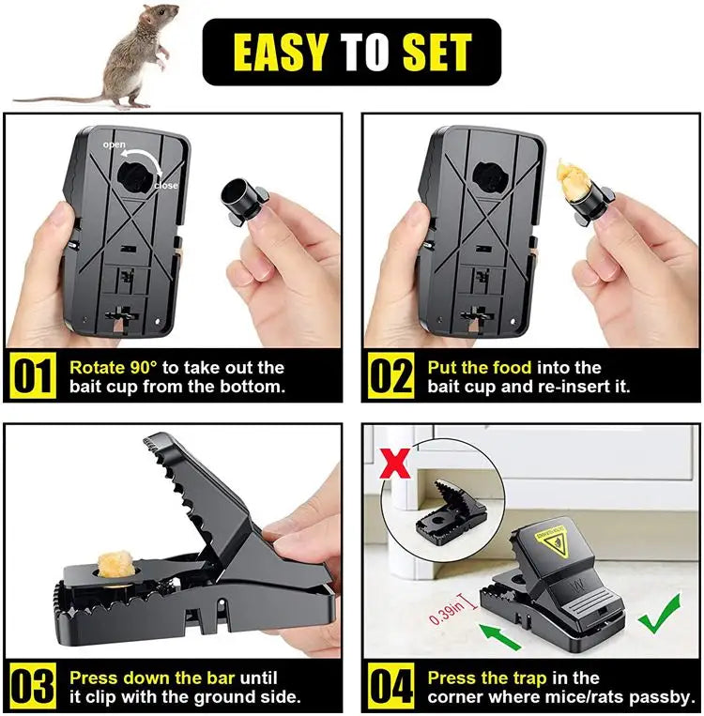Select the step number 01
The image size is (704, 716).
(33, 377)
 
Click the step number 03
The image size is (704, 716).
(33, 686)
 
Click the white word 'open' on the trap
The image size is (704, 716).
(114, 145)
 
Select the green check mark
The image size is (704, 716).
(660, 614)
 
